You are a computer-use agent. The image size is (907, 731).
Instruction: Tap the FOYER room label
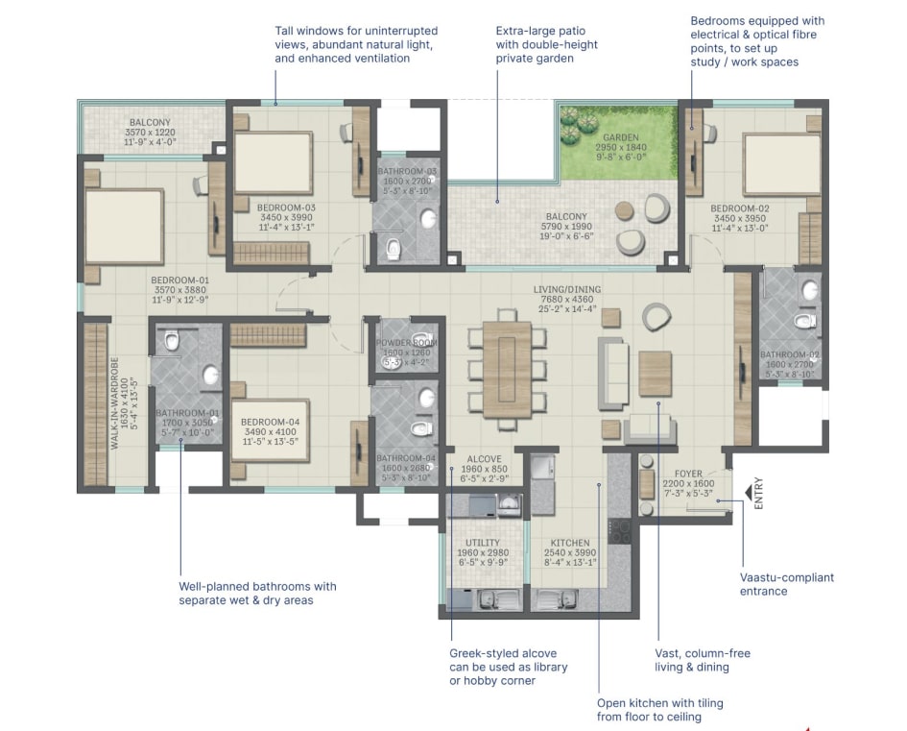coord(688,473)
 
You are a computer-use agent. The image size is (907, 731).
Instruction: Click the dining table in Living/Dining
coord(507,367)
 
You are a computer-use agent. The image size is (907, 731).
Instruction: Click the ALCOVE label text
coord(485,458)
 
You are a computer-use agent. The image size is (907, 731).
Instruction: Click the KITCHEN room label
coord(568,543)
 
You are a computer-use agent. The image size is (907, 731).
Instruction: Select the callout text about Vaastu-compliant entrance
coord(787,584)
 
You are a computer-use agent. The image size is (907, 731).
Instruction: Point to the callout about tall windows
coord(355,45)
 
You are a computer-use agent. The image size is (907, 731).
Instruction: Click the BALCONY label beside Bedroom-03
coord(150,122)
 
